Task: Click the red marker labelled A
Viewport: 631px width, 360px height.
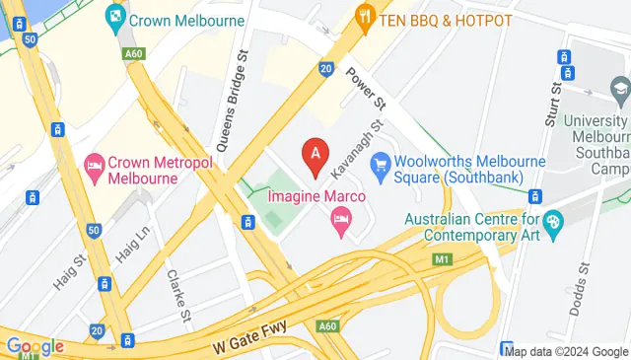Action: click(315, 155)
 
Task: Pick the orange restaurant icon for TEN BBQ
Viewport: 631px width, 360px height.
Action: click(365, 17)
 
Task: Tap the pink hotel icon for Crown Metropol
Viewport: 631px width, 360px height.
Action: click(95, 164)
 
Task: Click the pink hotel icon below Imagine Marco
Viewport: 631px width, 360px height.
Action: click(342, 219)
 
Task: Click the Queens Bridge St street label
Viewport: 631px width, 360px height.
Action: click(238, 83)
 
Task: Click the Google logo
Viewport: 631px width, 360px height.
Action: click(35, 346)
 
